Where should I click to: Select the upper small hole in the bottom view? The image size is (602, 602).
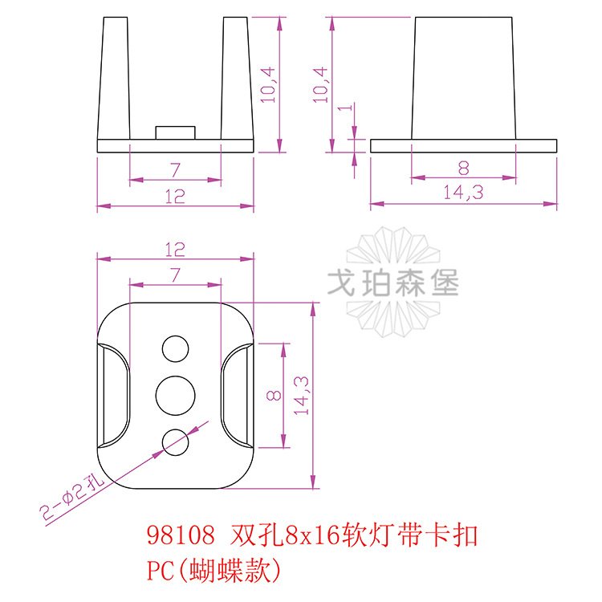(176, 348)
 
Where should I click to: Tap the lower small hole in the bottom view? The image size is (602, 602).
(176, 441)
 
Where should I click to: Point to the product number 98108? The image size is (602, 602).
(181, 535)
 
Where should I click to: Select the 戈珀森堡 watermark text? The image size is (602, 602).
(393, 283)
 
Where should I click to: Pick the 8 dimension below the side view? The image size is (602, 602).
(463, 168)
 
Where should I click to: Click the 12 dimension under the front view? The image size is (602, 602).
(175, 197)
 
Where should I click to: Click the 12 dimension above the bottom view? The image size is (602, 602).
(175, 250)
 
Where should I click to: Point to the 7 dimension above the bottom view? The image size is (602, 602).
(175, 275)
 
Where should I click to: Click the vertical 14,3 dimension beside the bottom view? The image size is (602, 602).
(300, 395)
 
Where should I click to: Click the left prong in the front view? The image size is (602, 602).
(113, 80)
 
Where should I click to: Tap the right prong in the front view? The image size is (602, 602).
(238, 80)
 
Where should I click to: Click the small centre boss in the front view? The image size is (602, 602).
(175, 132)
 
